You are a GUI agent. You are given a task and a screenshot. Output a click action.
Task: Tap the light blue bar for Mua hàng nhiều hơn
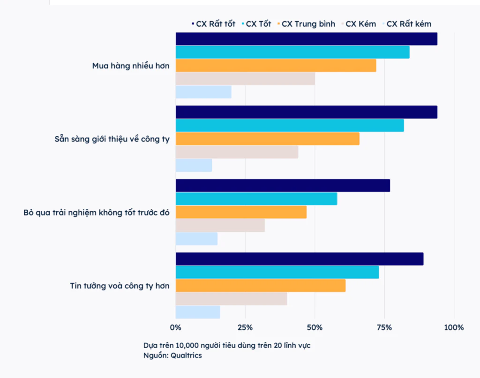pos(203,92)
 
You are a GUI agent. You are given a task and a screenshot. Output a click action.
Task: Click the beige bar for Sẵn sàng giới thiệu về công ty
pos(237,152)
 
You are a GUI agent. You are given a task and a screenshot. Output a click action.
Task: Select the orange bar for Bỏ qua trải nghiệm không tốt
pos(241,212)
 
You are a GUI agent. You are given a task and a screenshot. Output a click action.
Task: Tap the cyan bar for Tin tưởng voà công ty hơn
pos(277,272)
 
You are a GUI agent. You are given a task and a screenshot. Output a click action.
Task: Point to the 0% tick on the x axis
pos(175,327)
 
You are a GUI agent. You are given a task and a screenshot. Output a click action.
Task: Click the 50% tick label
pos(315,327)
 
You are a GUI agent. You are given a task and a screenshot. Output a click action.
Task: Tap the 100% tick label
pos(454,327)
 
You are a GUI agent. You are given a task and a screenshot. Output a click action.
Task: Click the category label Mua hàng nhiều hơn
pos(131,66)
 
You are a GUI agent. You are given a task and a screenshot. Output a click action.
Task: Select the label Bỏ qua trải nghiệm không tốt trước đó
pos(97,212)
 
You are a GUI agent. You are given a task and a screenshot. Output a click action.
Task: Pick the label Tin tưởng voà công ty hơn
pos(120,285)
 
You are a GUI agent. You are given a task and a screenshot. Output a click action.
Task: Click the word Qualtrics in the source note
pos(186,356)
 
